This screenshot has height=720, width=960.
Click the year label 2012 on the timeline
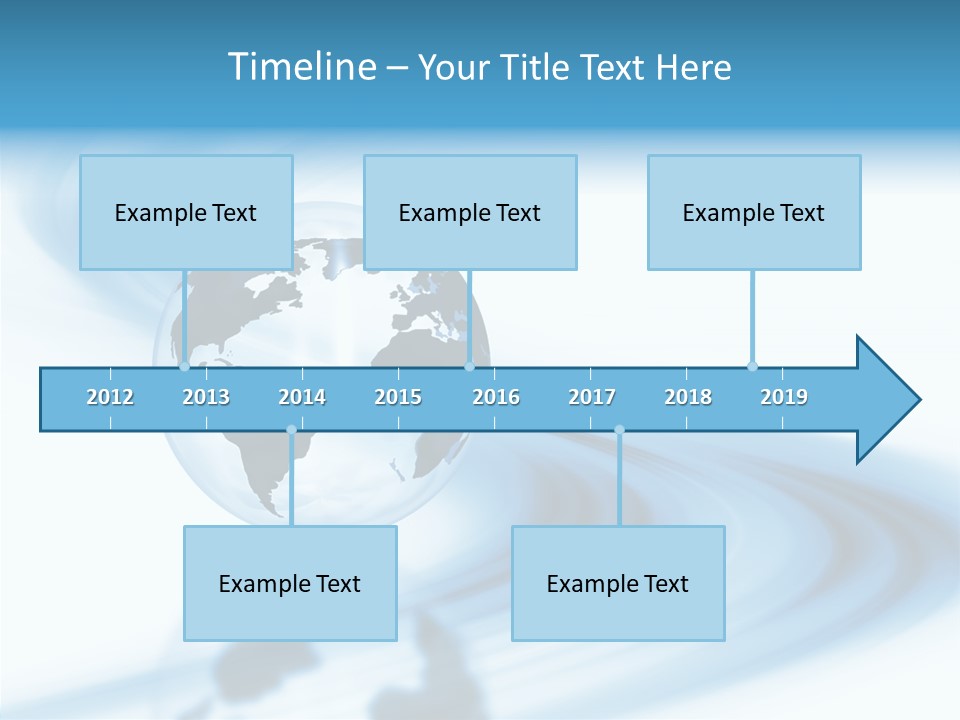(x=110, y=397)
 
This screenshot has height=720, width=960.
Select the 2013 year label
(x=206, y=397)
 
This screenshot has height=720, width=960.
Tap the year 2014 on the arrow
(x=302, y=397)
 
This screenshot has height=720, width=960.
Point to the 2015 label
(x=398, y=397)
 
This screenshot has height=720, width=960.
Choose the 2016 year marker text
(x=496, y=397)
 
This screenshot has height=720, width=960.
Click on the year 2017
(x=592, y=397)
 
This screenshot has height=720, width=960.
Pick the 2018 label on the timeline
(x=688, y=397)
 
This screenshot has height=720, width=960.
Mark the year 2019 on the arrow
(x=784, y=397)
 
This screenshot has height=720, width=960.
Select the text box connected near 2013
(x=186, y=212)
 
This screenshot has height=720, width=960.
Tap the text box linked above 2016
(x=470, y=212)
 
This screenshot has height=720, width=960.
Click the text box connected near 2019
(x=754, y=212)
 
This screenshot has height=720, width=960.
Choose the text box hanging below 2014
(x=290, y=583)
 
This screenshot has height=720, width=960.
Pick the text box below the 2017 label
(x=618, y=583)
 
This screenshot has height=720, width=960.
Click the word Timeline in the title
(x=300, y=67)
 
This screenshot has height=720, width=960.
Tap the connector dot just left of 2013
(x=184, y=367)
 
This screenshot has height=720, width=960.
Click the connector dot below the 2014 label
(x=291, y=430)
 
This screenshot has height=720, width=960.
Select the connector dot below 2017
(x=619, y=430)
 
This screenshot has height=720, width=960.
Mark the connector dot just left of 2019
(x=752, y=366)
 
